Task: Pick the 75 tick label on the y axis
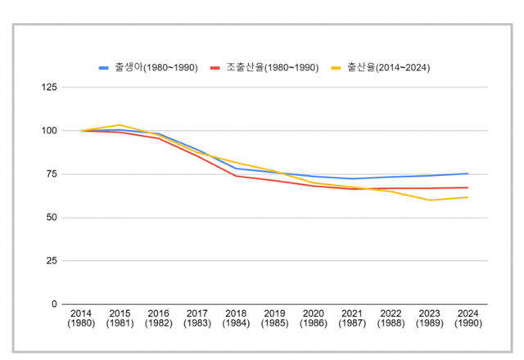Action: click(x=52, y=174)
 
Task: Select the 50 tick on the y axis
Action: click(x=52, y=218)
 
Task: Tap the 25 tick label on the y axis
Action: click(x=52, y=261)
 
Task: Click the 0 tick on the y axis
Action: click(x=54, y=304)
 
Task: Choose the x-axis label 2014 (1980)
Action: click(x=81, y=318)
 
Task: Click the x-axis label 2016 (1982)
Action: click(x=157, y=318)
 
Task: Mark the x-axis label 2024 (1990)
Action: click(x=468, y=318)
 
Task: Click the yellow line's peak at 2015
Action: click(x=120, y=125)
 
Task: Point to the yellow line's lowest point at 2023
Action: click(x=429, y=200)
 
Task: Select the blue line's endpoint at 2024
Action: click(x=468, y=173)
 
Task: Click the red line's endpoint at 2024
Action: click(x=468, y=187)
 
